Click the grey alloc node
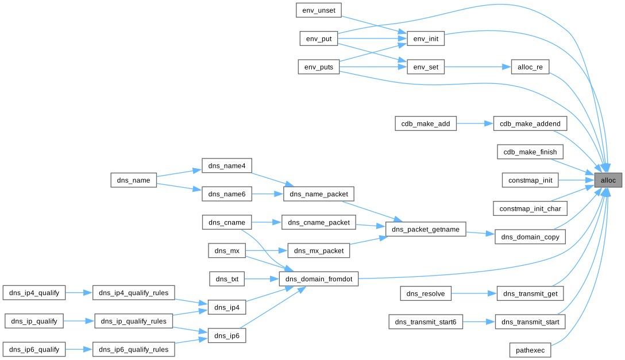point(608,180)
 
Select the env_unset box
point(319,10)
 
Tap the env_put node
point(319,38)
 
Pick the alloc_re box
point(530,67)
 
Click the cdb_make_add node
point(426,123)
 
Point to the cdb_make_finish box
point(530,152)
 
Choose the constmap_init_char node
point(530,208)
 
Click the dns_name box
point(133,180)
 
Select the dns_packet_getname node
point(425,229)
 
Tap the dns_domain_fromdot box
point(319,280)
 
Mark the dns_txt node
point(227,280)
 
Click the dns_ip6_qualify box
point(34,349)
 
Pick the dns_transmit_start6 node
point(426,322)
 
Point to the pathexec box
point(530,349)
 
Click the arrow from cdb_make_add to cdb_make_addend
point(475,123)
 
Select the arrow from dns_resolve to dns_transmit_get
point(474,293)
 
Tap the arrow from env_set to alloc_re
point(477,67)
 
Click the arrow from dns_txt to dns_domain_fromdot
point(261,280)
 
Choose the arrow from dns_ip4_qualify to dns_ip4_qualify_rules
point(79,293)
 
